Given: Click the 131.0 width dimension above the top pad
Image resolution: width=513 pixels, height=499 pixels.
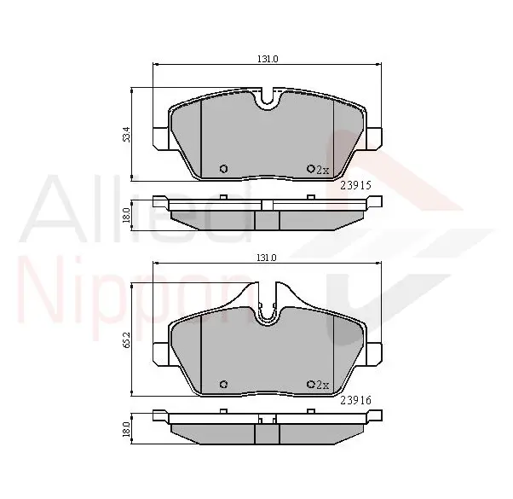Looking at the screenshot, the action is coord(268,59).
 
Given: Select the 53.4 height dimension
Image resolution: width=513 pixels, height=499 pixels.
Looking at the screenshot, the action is coord(127,134).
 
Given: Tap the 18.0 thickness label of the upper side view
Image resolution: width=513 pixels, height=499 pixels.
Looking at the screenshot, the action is coord(126,215).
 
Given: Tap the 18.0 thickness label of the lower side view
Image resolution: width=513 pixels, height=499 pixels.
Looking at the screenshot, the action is coord(126,429).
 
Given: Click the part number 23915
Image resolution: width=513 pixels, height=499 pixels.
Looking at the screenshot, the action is coord(356,186).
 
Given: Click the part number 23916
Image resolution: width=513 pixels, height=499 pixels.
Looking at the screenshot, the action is coord(356,400).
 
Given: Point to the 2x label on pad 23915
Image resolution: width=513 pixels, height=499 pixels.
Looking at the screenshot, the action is coord(322,170).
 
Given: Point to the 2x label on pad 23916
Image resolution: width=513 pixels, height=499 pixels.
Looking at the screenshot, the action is coord(322,385).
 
